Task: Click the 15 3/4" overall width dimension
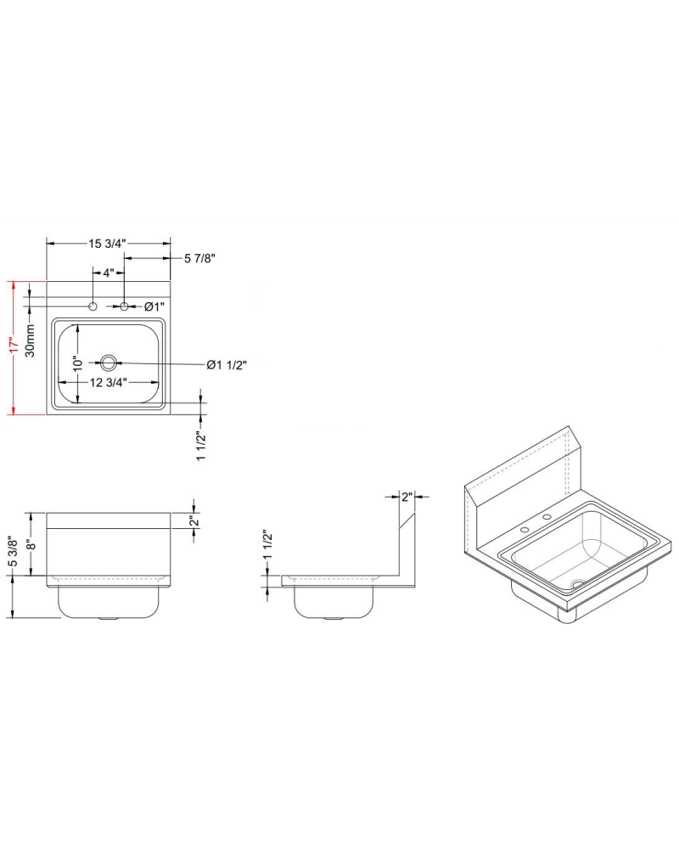[107, 244]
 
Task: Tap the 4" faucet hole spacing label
[108, 273]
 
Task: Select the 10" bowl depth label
[76, 363]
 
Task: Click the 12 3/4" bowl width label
[108, 382]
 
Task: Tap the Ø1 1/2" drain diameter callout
[227, 365]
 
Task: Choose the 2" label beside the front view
[194, 521]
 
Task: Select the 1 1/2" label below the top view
[201, 447]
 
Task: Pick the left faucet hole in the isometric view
[525, 530]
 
